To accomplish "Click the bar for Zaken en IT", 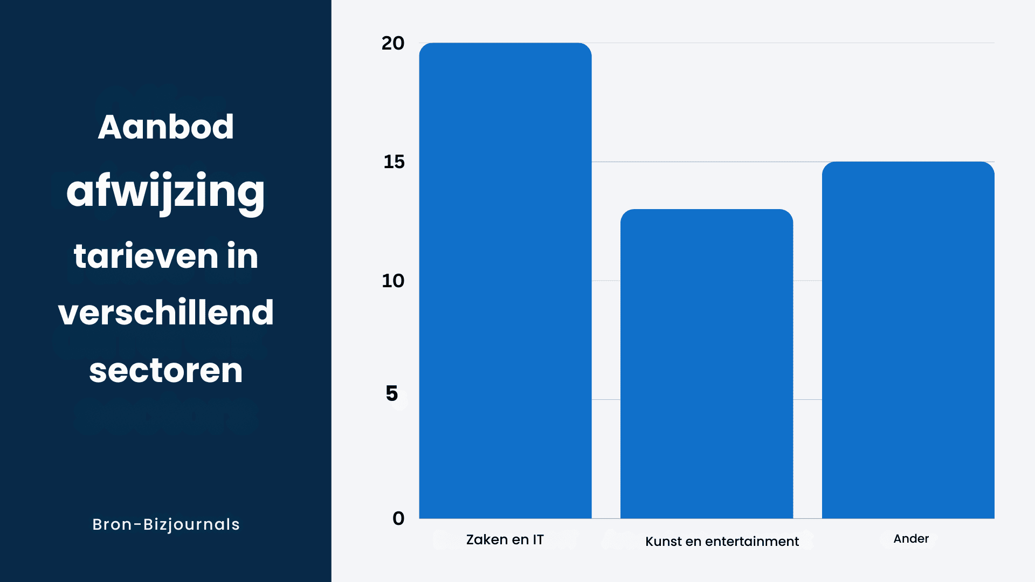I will pyautogui.click(x=505, y=280).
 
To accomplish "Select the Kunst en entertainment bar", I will pyautogui.click(x=706, y=364).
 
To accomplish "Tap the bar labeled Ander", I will pyautogui.click(x=908, y=339).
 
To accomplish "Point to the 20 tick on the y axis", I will pyautogui.click(x=393, y=43).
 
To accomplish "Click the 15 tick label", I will pyautogui.click(x=394, y=162).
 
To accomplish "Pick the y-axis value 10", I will pyautogui.click(x=393, y=281).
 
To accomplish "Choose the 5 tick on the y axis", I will pyautogui.click(x=392, y=393).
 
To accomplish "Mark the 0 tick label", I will pyautogui.click(x=398, y=518).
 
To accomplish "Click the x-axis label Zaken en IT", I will pyautogui.click(x=505, y=539).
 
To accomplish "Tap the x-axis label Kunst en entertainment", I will pyautogui.click(x=722, y=541).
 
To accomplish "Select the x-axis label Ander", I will pyautogui.click(x=911, y=538).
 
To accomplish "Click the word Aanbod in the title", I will pyautogui.click(x=166, y=127).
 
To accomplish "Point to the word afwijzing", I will pyautogui.click(x=165, y=192).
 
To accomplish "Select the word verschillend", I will pyautogui.click(x=166, y=313).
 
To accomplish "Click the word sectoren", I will pyautogui.click(x=166, y=371).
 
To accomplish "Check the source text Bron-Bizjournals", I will pyautogui.click(x=166, y=524).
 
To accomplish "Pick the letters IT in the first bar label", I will pyautogui.click(x=538, y=539).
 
